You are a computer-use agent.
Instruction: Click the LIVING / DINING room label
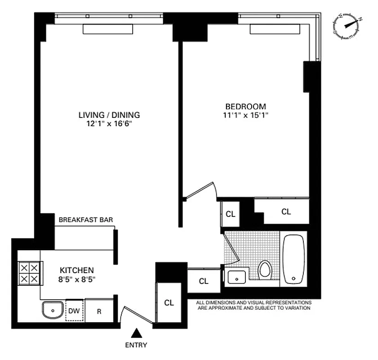click(109, 115)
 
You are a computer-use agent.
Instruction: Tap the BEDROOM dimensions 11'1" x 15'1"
click(245, 115)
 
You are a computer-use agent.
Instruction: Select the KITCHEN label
click(77, 270)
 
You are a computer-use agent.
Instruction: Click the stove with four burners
click(29, 273)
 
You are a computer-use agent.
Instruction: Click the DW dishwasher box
click(75, 310)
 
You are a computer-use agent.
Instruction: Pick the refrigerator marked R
click(99, 310)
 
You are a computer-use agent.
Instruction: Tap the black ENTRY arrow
click(137, 333)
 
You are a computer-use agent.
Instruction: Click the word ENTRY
click(137, 346)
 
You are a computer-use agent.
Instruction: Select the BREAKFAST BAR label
click(86, 220)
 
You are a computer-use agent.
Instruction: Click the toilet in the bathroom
click(265, 270)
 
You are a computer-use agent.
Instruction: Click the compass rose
click(348, 27)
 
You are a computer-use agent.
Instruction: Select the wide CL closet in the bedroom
click(286, 211)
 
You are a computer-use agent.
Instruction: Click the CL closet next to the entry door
click(169, 302)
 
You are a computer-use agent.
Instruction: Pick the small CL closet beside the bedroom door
click(230, 214)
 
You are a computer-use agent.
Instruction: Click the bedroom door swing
click(201, 191)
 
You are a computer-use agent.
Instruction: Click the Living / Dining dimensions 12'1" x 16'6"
click(109, 124)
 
